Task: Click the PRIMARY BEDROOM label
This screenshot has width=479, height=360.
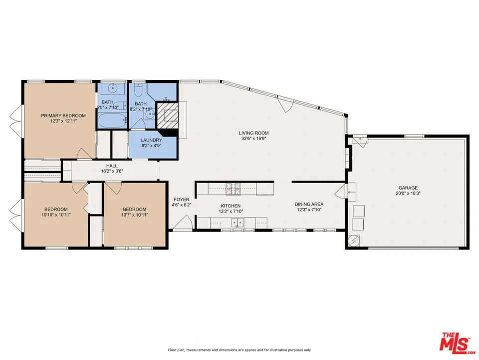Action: click(63, 115)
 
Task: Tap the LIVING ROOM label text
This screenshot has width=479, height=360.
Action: click(253, 133)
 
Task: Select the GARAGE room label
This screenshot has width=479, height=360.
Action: click(408, 187)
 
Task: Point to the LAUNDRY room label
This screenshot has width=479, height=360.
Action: click(151, 140)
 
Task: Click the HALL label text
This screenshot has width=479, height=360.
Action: click(112, 165)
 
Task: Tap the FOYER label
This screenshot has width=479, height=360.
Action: click(182, 199)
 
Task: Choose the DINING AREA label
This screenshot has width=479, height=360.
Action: click(309, 204)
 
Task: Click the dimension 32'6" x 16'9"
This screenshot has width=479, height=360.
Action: click(253, 138)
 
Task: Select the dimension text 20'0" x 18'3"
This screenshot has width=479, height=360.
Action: click(408, 193)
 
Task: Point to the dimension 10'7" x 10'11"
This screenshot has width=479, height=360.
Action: click(135, 214)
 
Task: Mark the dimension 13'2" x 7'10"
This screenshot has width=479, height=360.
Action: click(231, 211)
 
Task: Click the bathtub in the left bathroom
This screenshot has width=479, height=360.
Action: click(111, 120)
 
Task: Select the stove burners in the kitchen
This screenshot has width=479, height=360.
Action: click(233, 188)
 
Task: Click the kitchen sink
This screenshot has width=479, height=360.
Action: click(238, 222)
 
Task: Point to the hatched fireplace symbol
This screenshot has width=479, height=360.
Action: click(167, 115)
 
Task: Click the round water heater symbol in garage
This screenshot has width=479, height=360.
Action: click(354, 240)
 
